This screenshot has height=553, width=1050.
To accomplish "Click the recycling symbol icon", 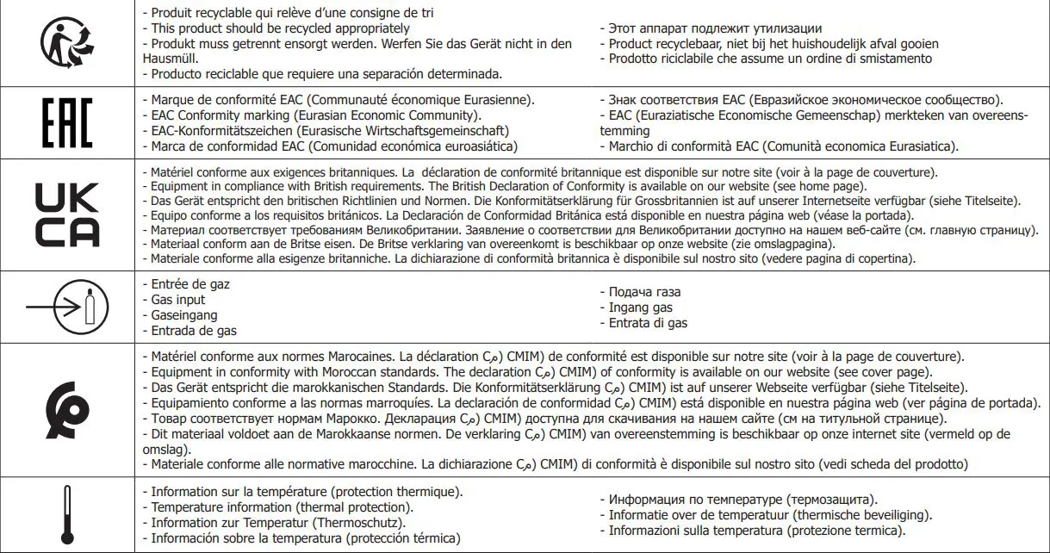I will (x=68, y=43).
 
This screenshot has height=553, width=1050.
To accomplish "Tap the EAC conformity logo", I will (x=67, y=125).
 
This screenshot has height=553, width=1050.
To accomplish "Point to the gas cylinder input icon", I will (x=67, y=305).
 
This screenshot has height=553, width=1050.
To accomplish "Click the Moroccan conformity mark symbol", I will (x=68, y=407).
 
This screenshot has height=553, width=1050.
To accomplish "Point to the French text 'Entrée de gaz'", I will (x=184, y=284).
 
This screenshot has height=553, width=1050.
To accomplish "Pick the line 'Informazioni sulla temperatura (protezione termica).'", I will (x=751, y=531).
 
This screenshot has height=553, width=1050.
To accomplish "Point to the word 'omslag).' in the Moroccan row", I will (x=165, y=450).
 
